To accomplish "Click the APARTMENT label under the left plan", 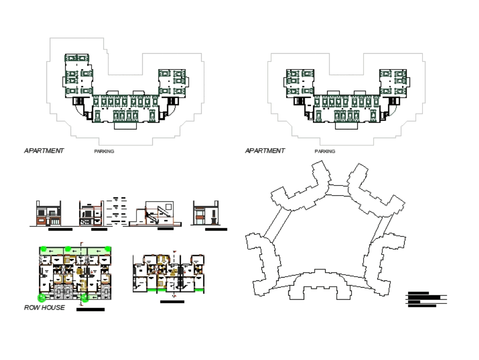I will [44, 151].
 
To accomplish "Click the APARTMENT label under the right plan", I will [265, 151].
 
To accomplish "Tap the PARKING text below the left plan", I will [104, 151].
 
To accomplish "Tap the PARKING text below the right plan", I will [325, 151].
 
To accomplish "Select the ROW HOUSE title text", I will [44, 308].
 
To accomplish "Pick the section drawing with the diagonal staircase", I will [155, 213].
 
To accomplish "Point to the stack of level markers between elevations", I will [117, 211].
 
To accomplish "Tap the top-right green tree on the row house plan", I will [108, 249].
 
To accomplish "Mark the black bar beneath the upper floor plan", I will [172, 302].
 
